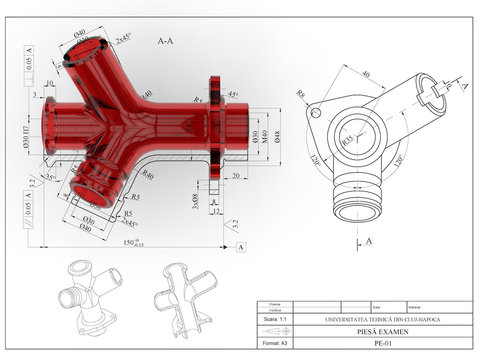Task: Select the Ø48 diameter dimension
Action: tap(277, 135)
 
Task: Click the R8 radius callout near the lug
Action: tap(301, 95)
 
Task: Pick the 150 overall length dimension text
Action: tap(131, 242)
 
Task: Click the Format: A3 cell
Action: tap(274, 342)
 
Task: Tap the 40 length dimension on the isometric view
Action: tap(366, 73)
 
